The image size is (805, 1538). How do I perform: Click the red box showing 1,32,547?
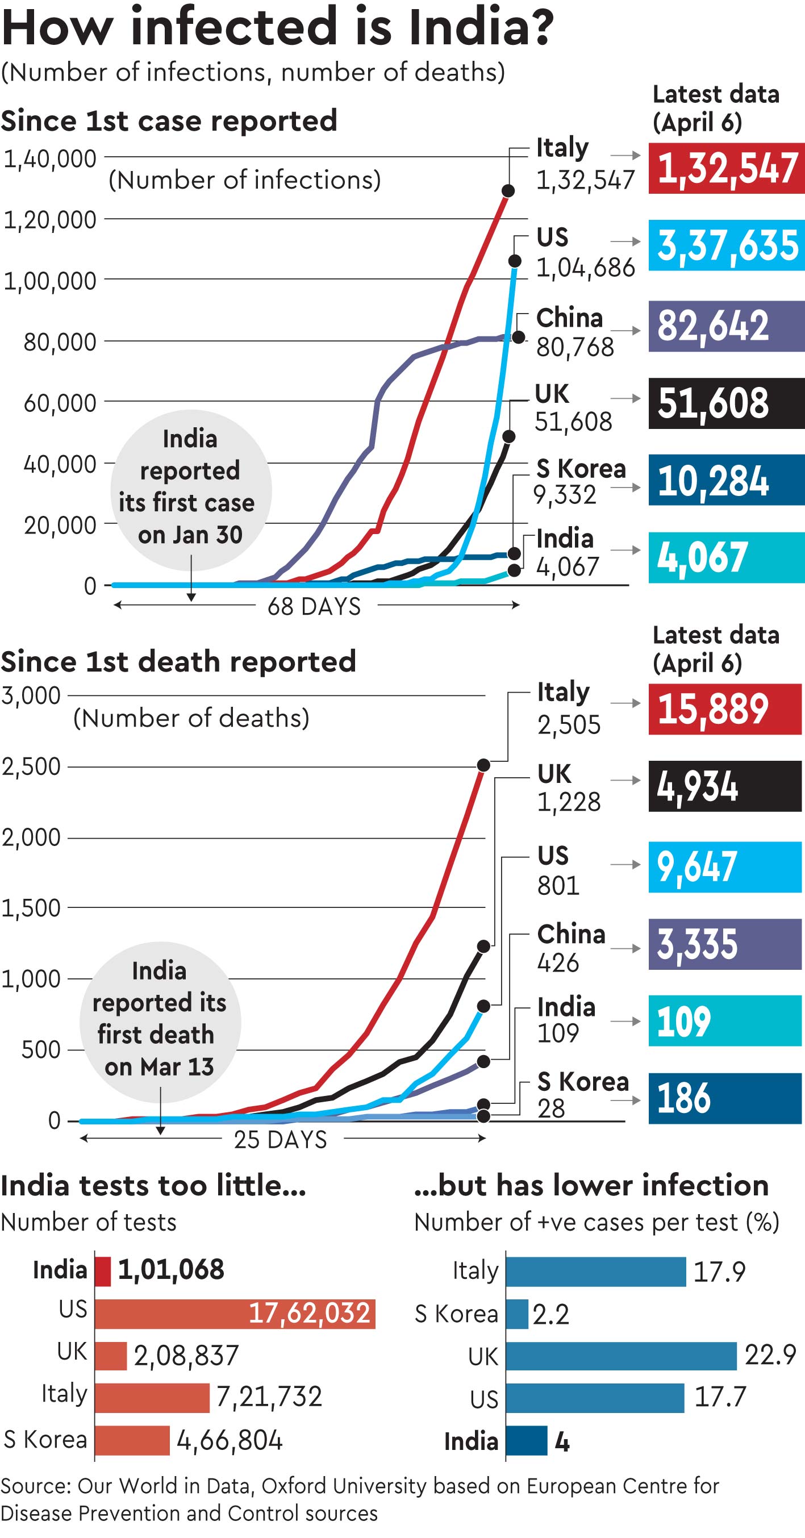pyautogui.click(x=726, y=168)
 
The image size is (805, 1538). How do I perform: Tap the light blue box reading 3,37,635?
pyautogui.click(x=726, y=245)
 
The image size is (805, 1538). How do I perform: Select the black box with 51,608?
pyautogui.click(x=726, y=403)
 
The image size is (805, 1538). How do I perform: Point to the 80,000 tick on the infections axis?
pyautogui.click(x=60, y=342)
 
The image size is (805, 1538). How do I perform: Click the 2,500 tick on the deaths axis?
pyautogui.click(x=31, y=766)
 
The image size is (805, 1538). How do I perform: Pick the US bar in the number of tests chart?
pyautogui.click(x=235, y=1314)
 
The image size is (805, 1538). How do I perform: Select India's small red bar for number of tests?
pyautogui.click(x=103, y=1271)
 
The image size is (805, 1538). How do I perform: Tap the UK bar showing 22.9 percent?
pyautogui.click(x=621, y=1356)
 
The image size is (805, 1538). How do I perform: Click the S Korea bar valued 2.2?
pyautogui.click(x=517, y=1314)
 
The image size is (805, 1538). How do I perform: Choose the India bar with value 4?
pyautogui.click(x=527, y=1441)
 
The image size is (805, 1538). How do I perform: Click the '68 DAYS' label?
pyautogui.click(x=314, y=607)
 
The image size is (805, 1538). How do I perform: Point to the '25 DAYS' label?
pyautogui.click(x=280, y=1140)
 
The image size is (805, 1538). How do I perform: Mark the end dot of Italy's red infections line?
pyautogui.click(x=508, y=191)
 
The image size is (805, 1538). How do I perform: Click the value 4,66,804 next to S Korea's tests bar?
pyautogui.click(x=230, y=1440)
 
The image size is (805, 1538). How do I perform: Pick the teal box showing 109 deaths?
pyautogui.click(x=725, y=1021)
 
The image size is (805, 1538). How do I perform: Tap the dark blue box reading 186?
pyautogui.click(x=725, y=1099)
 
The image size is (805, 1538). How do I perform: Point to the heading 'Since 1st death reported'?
pyautogui.click(x=178, y=661)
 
